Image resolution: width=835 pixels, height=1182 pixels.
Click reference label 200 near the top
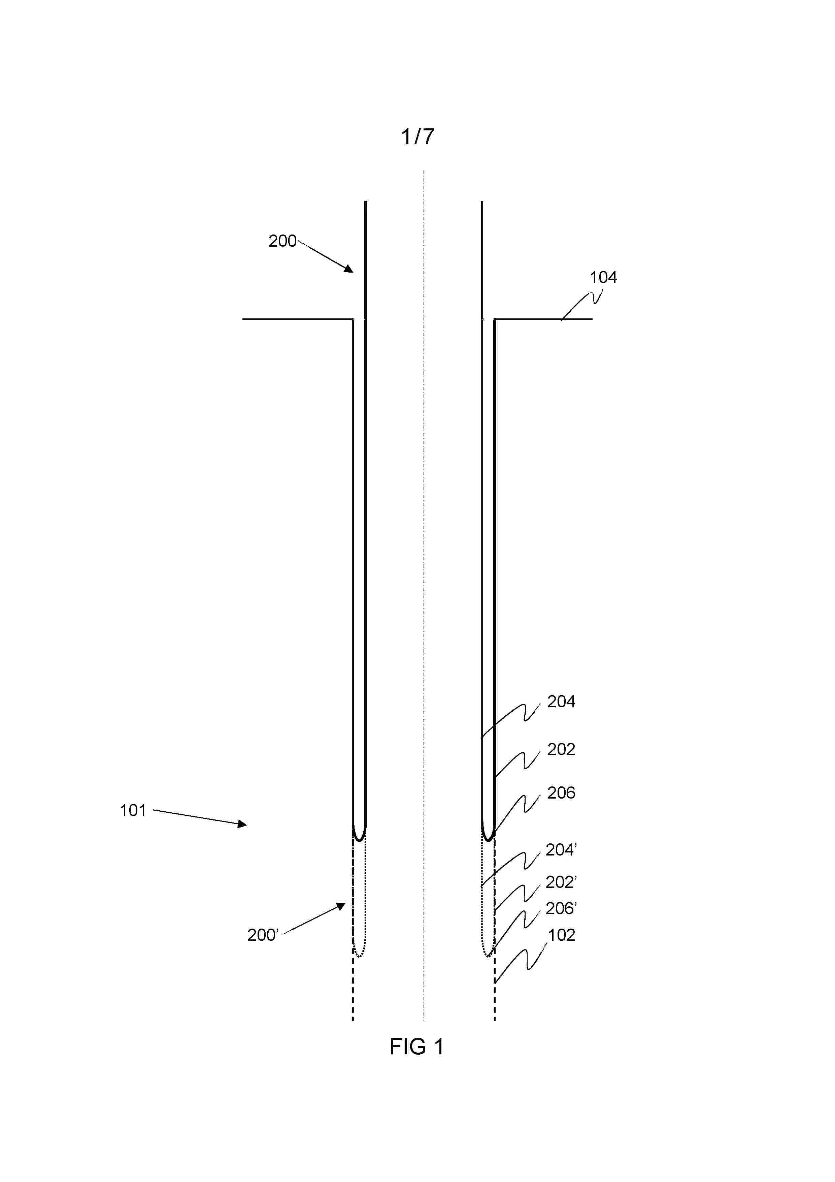[x=282, y=241]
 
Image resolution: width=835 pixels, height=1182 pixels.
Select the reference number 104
[x=603, y=278]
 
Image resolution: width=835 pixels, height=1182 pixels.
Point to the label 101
[x=133, y=810]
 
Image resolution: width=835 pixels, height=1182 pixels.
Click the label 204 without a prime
[x=561, y=701]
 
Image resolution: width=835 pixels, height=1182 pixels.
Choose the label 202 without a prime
[x=561, y=749]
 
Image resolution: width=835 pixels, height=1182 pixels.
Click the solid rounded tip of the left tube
[x=359, y=840]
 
